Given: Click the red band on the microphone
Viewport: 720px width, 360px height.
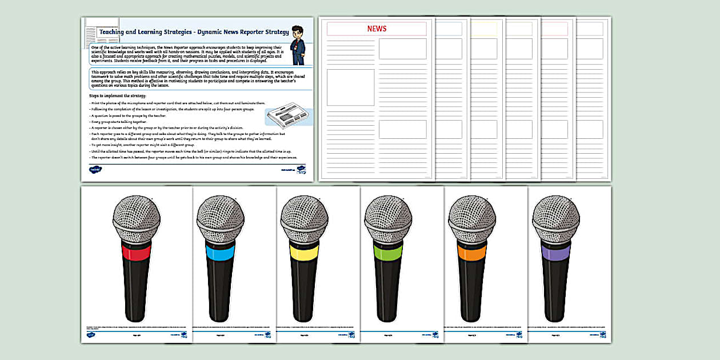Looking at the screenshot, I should [135, 252].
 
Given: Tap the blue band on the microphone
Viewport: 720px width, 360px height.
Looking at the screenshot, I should [219, 252].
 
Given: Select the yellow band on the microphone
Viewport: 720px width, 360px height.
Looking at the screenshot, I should [303, 252].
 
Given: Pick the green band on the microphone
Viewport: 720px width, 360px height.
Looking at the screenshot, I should [387, 252].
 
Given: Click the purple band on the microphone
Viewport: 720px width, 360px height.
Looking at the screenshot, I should [555, 252].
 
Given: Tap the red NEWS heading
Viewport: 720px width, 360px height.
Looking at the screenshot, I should [377, 29].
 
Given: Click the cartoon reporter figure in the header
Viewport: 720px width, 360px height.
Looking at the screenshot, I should [297, 44].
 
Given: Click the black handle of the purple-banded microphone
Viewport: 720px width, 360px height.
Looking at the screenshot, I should [555, 291].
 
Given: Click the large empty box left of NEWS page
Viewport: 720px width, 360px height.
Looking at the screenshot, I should [350, 87].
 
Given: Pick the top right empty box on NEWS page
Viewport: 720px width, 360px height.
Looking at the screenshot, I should [402, 49].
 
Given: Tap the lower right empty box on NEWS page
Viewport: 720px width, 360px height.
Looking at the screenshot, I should [402, 129].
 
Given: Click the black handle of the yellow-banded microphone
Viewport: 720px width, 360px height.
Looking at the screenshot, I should [303, 291].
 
